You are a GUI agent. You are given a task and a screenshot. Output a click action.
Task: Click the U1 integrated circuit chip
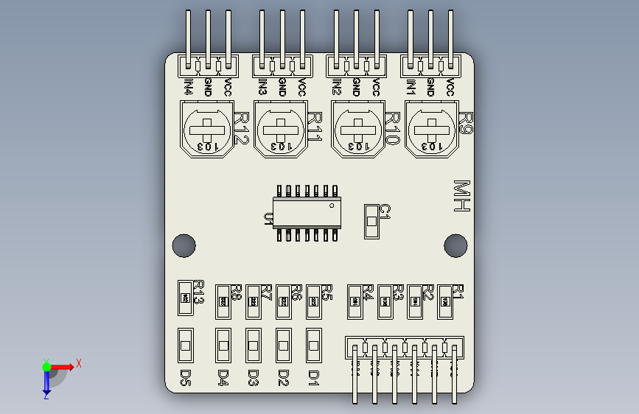tap(304, 213)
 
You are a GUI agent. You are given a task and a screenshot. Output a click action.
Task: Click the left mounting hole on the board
tap(184, 245)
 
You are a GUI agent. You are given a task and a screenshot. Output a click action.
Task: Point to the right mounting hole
tap(455, 245)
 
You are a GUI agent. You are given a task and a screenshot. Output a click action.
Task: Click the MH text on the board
tap(462, 197)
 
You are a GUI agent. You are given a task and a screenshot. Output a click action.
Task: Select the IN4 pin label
tap(189, 87)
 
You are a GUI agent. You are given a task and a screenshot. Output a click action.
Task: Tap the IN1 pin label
tap(411, 87)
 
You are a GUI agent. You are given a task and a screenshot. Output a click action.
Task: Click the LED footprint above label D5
tap(186, 345)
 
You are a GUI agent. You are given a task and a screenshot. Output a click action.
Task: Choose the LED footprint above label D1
tap(314, 343)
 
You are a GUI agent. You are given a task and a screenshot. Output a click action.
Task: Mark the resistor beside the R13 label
tap(186, 298)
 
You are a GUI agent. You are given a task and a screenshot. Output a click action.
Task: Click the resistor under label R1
tap(444, 302)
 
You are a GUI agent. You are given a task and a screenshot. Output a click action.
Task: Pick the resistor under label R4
tap(354, 302)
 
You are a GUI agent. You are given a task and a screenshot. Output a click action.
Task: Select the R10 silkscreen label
tap(391, 128)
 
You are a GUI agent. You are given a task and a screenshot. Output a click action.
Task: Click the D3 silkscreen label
tap(253, 378)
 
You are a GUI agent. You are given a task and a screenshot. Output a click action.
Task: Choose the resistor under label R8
tap(223, 302)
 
